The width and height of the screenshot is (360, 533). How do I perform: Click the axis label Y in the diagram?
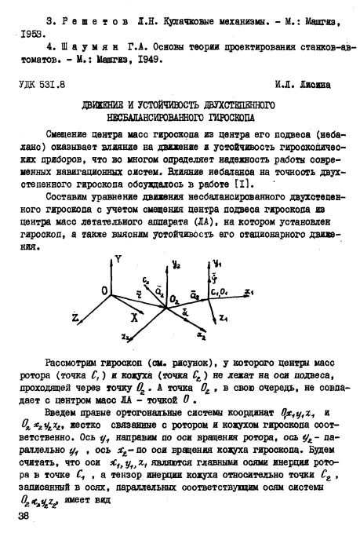tap(118, 257)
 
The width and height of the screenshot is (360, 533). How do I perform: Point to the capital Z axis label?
tap(75, 318)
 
